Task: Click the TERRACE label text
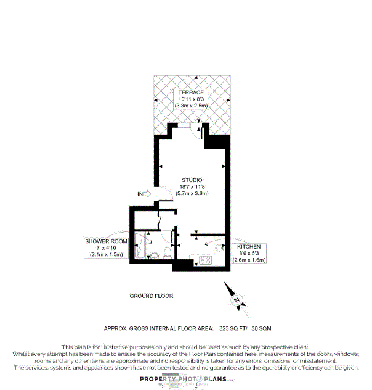click(192, 92)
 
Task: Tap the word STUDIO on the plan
click(192, 180)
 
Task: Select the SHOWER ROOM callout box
click(107, 247)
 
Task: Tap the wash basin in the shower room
click(154, 255)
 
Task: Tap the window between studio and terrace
click(183, 125)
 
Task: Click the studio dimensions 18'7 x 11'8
click(192, 186)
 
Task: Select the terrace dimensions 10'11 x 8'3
click(192, 99)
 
